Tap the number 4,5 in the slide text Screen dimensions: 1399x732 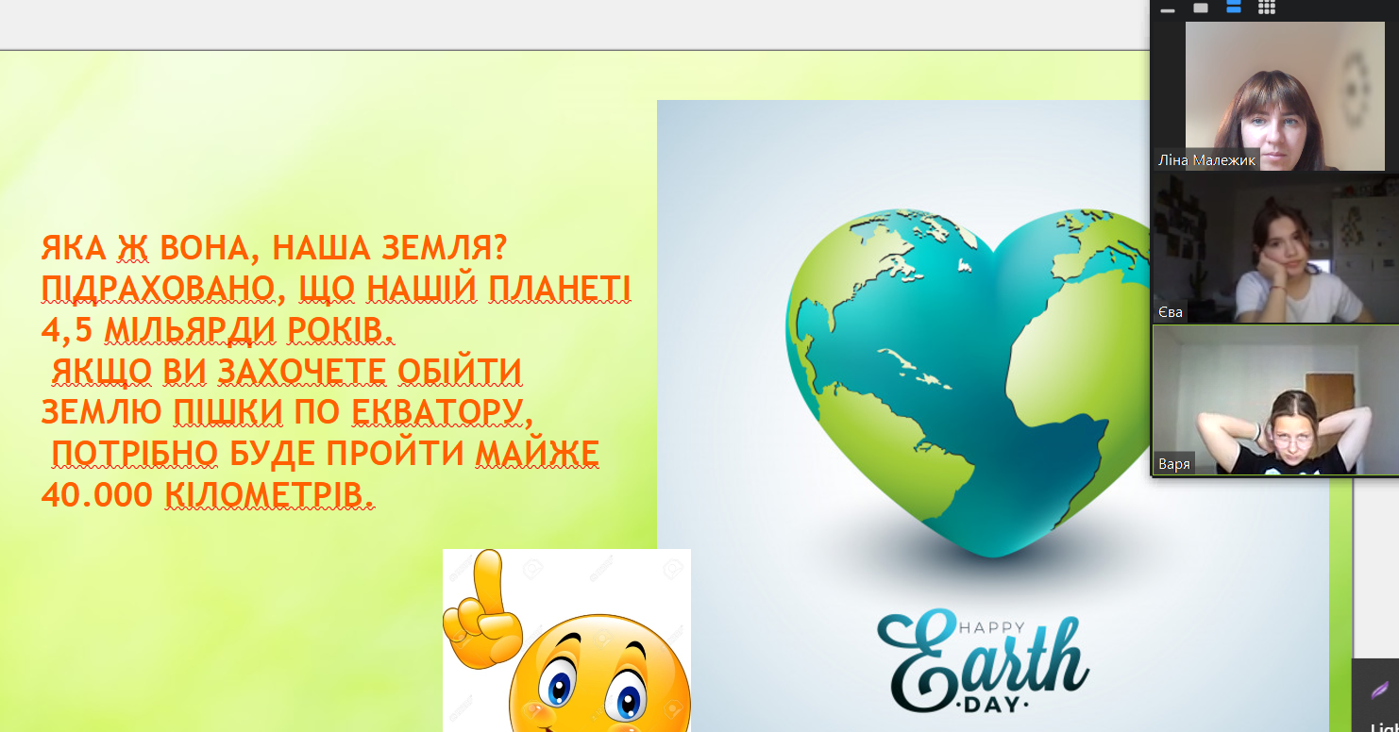pos(66,331)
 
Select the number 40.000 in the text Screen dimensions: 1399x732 pos(97,495)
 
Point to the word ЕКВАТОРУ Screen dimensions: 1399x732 pos(442,412)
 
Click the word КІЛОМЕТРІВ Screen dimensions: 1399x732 pos(269,495)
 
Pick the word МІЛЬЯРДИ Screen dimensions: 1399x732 pos(190,331)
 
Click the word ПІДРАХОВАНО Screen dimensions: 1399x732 pos(160,290)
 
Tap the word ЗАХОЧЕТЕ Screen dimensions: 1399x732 pos(302,372)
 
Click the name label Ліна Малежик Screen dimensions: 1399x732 pos(1206,160)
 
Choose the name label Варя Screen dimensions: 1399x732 pos(1173,464)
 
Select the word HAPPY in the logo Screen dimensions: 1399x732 pos(992,628)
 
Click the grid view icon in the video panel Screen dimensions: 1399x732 pos(1267,8)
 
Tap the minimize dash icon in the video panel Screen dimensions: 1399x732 pos(1168,10)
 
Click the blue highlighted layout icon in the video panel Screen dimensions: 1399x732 pos(1234,7)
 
